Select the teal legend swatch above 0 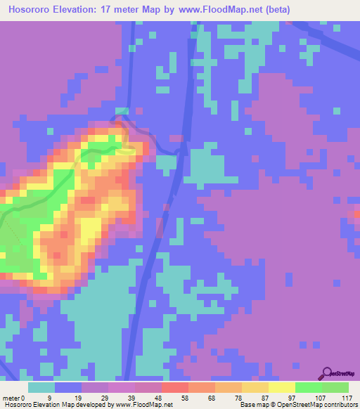click(41, 387)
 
